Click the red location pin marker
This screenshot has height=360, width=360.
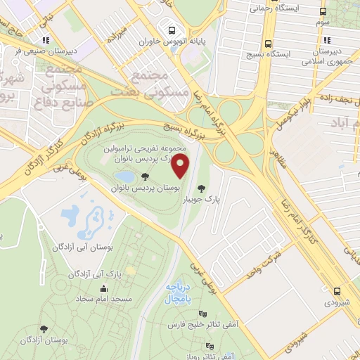pos(181,169)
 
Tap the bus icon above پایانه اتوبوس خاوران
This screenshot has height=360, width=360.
pos(171,30)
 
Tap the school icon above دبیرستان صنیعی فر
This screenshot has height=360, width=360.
pos(46,41)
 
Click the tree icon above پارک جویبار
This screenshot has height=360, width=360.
pos(202,188)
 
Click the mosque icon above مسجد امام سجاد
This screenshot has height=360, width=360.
pos(104,288)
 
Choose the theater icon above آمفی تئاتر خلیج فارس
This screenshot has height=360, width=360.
pos(203,314)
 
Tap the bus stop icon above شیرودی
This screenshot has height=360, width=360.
pos(338,290)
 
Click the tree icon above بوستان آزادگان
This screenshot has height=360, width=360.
pos(45,328)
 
